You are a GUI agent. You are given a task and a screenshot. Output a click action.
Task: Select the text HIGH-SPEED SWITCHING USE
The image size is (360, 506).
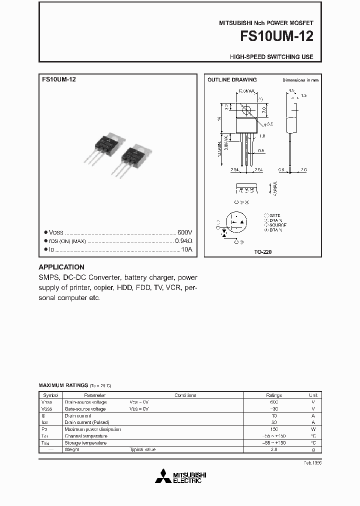click(x=271, y=57)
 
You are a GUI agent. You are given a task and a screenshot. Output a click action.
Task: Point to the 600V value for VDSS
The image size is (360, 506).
click(x=184, y=232)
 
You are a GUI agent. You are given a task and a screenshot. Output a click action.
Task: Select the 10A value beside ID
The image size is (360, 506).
click(x=186, y=249)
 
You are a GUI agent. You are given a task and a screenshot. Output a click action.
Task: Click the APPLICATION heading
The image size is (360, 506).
click(x=61, y=267)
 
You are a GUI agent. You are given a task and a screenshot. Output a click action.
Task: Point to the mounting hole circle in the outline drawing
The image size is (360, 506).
click(x=246, y=109)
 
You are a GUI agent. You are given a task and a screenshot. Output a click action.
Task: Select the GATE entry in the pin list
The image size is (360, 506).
click(x=274, y=215)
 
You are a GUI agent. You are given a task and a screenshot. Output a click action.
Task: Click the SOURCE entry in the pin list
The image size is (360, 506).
click(x=276, y=225)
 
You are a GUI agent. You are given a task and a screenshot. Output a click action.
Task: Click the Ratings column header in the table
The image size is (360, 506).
click(x=273, y=395)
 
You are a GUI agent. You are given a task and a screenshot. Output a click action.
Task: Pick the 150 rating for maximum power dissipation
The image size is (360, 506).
click(x=273, y=429)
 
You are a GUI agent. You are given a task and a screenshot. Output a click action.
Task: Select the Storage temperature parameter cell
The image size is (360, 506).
click(x=85, y=442)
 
